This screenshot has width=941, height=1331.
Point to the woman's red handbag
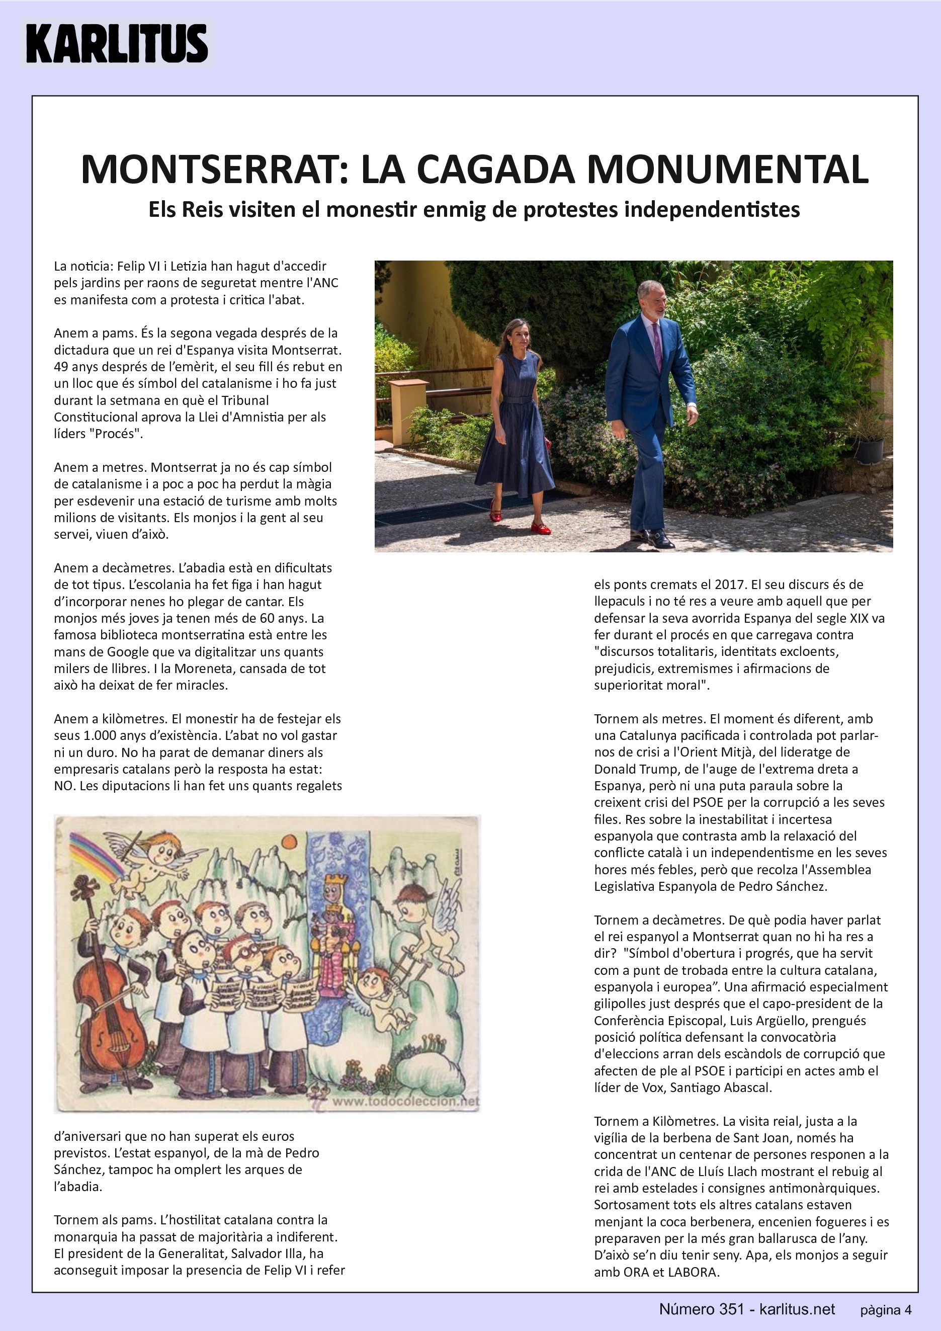click(548, 444)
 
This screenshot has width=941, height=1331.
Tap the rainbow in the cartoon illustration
click(96, 855)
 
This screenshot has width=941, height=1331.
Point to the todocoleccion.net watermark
click(405, 1101)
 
